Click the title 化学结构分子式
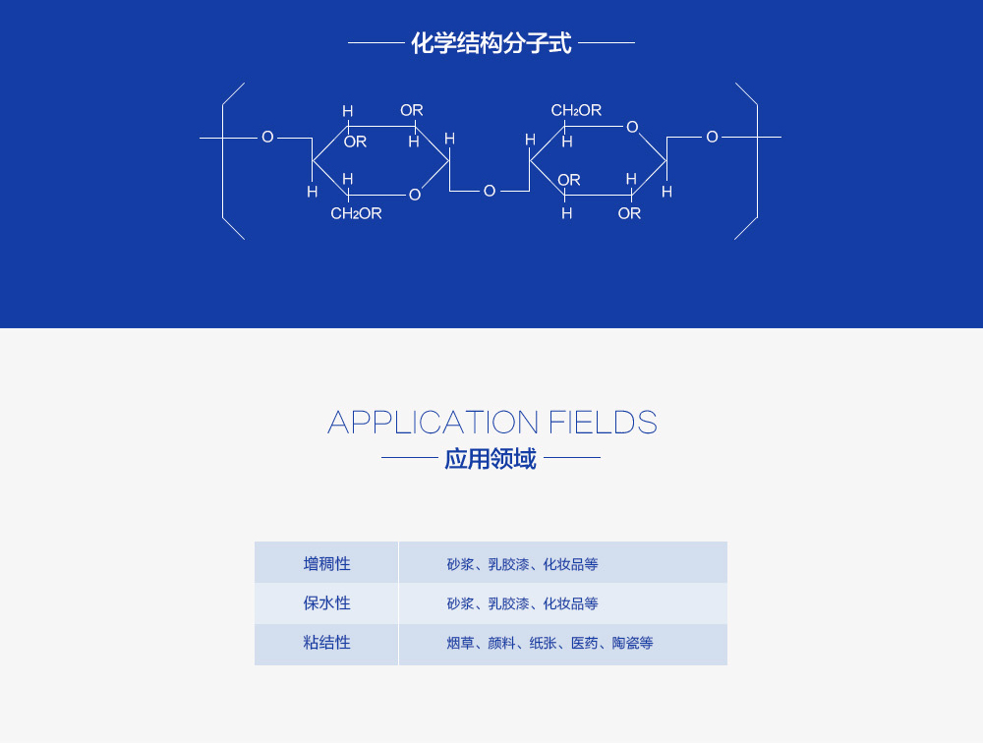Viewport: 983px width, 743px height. (x=491, y=43)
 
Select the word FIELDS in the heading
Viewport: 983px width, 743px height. (x=603, y=423)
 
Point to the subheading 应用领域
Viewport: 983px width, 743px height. (x=491, y=459)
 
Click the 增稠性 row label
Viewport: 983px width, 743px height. (x=326, y=564)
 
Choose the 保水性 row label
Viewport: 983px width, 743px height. (x=326, y=603)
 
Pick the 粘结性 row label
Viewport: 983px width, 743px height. (x=326, y=643)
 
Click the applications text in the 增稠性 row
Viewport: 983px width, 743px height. (x=522, y=564)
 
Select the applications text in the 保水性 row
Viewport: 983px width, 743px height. (x=522, y=603)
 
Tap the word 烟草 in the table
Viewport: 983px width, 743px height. (x=460, y=644)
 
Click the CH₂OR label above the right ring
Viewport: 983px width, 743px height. (x=576, y=110)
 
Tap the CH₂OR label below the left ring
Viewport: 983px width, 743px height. (x=356, y=213)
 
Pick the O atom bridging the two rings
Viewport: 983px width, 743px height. (x=490, y=191)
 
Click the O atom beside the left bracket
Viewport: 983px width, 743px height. (x=267, y=138)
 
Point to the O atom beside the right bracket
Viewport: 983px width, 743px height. (x=712, y=137)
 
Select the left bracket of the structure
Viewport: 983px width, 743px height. (x=225, y=161)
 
